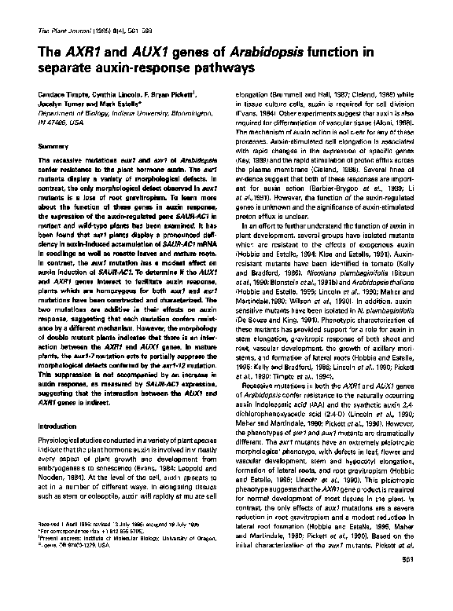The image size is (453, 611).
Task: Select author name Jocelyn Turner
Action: pyautogui.click(x=59, y=104)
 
